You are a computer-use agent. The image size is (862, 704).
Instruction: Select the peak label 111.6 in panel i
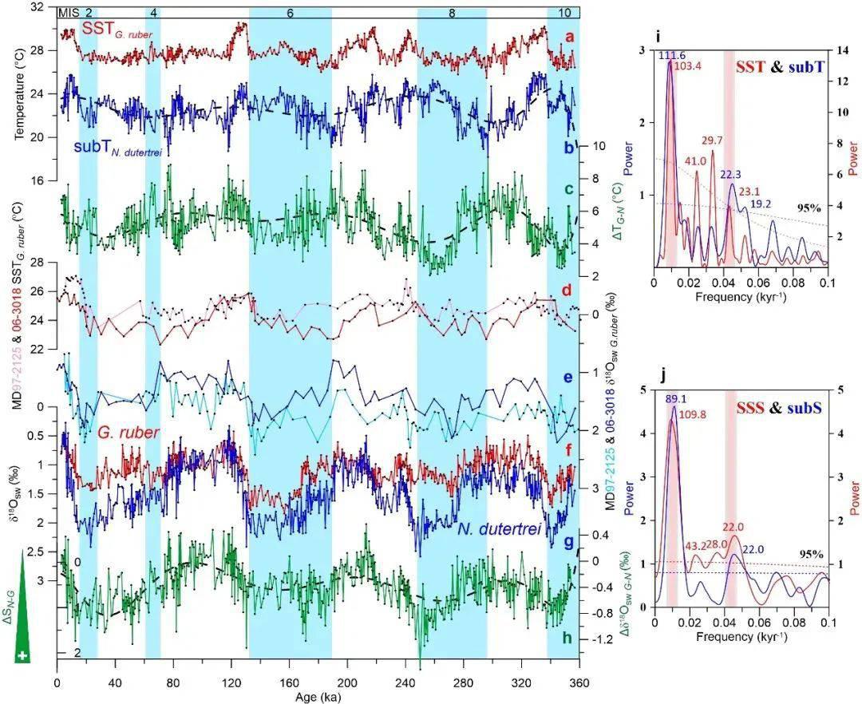(672, 53)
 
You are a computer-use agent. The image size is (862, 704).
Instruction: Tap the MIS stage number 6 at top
(290, 14)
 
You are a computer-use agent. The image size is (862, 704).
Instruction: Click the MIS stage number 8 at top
(452, 14)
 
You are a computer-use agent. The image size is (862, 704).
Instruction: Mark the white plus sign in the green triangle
(22, 656)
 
